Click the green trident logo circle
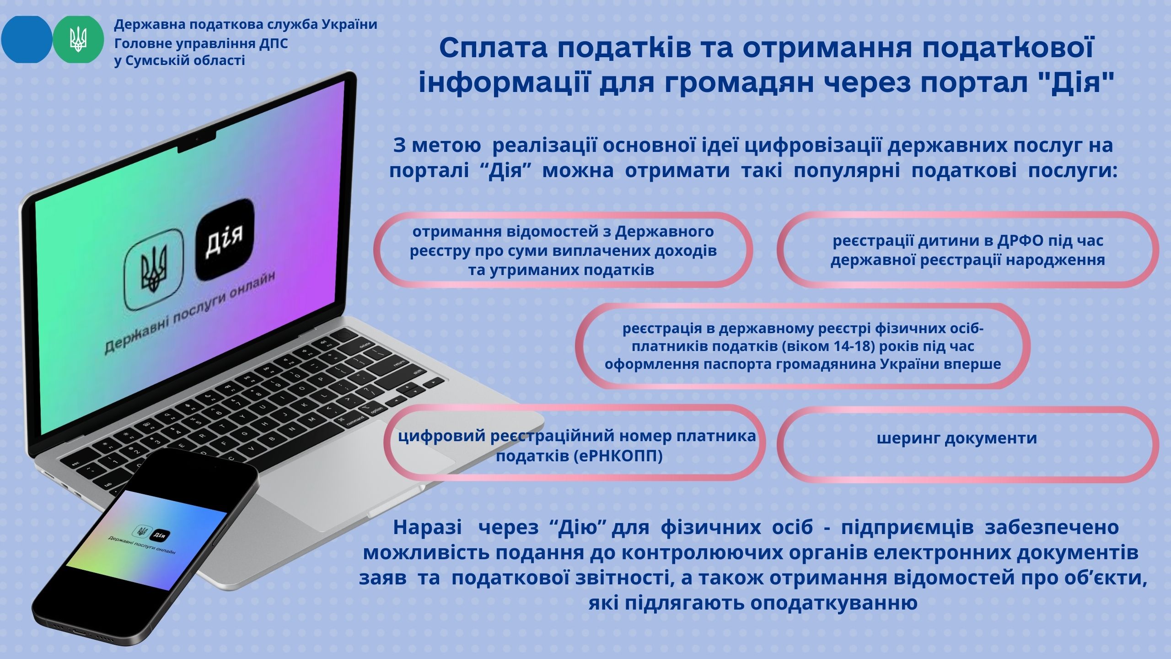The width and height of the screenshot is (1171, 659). tap(78, 39)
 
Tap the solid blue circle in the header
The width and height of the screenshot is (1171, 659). tap(27, 39)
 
